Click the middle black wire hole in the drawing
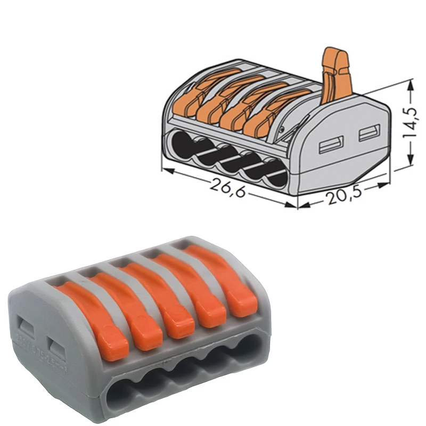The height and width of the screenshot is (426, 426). pyautogui.click(x=229, y=160)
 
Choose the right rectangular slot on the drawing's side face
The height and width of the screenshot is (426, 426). pyautogui.click(x=367, y=134)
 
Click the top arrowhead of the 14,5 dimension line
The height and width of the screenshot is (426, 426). pyautogui.click(x=411, y=82)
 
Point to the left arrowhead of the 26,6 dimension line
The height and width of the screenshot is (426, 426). pyautogui.click(x=163, y=170)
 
